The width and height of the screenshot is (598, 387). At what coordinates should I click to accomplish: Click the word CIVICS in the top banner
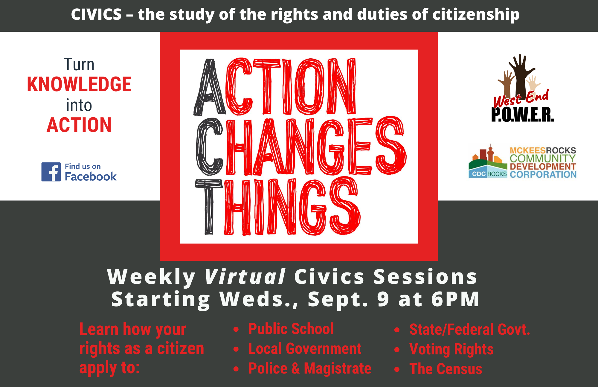click(96, 14)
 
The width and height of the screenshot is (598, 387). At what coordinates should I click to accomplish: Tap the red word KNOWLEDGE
click(79, 84)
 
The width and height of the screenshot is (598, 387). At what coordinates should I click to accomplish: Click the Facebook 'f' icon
click(51, 172)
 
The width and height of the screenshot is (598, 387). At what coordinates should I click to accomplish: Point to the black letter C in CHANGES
click(209, 147)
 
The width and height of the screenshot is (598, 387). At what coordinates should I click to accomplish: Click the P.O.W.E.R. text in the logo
click(523, 115)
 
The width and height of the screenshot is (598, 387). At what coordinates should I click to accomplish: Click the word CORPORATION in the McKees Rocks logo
click(543, 174)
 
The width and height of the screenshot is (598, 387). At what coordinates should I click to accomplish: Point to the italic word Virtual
click(245, 277)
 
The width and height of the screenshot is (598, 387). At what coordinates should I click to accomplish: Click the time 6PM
click(455, 299)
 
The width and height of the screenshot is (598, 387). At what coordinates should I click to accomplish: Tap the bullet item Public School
click(291, 329)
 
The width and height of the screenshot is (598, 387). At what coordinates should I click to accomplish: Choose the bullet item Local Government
click(305, 349)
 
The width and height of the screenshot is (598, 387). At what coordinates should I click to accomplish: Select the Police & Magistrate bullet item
click(310, 368)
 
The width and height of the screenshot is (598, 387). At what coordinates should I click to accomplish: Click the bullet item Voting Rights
click(451, 349)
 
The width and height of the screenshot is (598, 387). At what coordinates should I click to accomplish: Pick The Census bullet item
click(446, 369)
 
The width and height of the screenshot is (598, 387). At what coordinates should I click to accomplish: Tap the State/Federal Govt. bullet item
click(470, 330)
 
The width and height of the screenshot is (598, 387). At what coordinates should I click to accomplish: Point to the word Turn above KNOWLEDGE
click(79, 65)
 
